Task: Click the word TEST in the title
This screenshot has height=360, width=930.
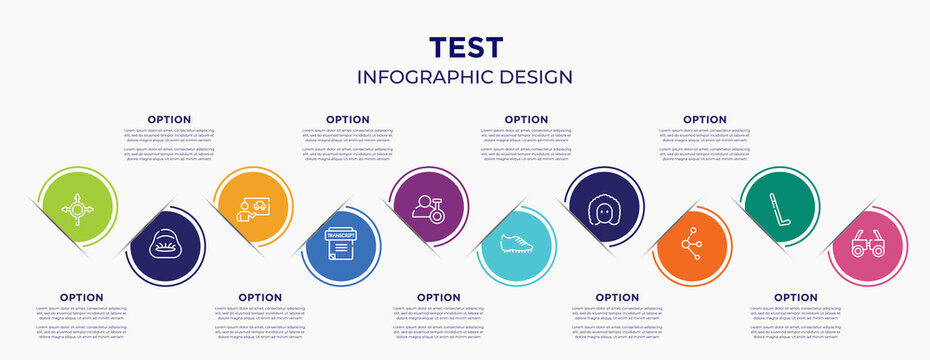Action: coord(465,47)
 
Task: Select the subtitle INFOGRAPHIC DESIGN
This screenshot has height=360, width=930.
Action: coord(465,77)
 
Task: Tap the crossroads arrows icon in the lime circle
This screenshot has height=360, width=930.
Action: coord(76,210)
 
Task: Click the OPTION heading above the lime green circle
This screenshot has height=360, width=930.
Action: coord(169,119)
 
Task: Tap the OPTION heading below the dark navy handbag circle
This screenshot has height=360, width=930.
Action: coord(81,297)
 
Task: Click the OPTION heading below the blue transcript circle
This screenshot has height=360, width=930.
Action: coord(260,297)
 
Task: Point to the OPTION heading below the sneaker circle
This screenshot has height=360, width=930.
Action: coord(438,297)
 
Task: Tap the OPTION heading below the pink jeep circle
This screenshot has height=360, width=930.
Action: coord(796,297)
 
